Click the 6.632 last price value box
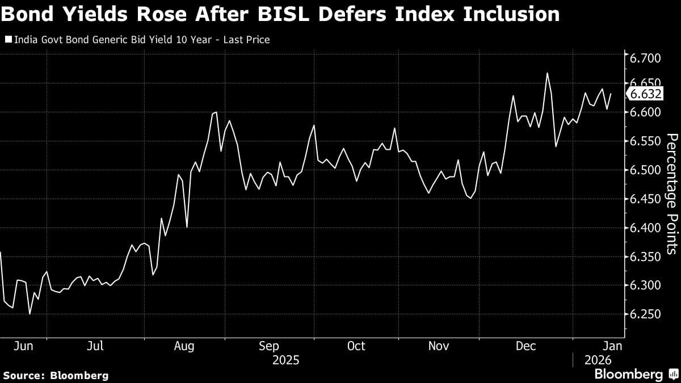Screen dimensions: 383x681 646,94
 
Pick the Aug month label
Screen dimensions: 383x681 185,346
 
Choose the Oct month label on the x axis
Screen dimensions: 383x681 356,346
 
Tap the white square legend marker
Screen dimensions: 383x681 7,40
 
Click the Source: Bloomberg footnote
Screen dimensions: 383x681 56,375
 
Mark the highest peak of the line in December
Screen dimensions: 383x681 548,73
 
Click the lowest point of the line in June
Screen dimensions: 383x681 30,313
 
